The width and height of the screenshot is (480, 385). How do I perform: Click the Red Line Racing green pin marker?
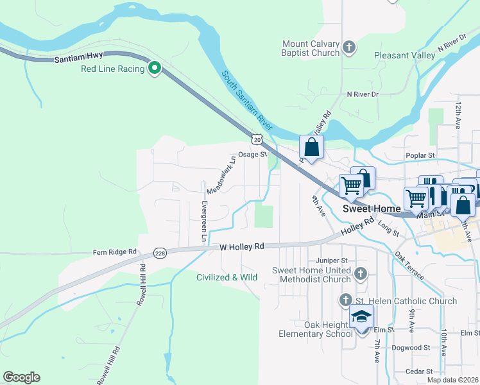point(154,67)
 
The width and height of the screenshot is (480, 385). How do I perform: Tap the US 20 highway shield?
point(257,139)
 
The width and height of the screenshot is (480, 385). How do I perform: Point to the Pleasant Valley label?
point(404,56)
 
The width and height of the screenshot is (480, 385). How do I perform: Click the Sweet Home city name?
point(372,209)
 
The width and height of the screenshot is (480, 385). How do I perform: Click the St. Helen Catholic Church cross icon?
point(345,300)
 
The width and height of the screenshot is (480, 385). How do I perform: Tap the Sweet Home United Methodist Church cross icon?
point(361,274)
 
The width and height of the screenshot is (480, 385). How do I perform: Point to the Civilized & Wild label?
point(227,277)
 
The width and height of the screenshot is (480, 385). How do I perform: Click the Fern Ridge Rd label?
point(115,252)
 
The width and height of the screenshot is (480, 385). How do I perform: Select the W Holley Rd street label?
point(242,246)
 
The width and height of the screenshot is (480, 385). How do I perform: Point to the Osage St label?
point(252,155)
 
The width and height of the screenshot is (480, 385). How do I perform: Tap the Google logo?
point(21,377)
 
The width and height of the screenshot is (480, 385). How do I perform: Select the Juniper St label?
point(331,261)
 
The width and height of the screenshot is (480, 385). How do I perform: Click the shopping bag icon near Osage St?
point(311,148)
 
